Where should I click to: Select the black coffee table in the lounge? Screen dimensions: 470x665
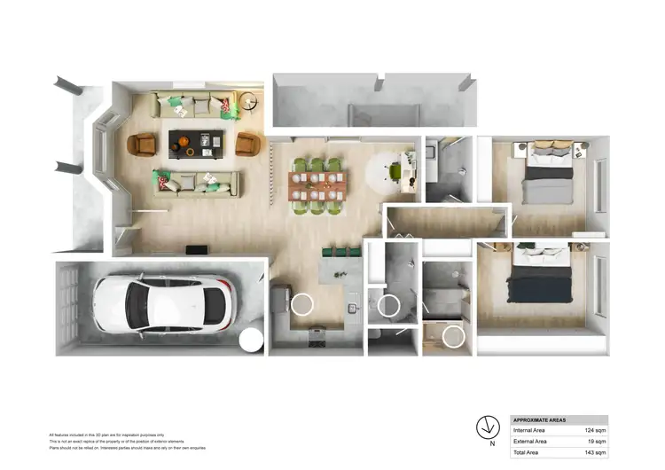coord(197,143)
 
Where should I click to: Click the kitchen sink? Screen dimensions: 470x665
coord(353,308)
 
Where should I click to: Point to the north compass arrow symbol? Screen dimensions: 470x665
coord(487,423)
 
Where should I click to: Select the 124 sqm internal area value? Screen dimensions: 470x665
coord(595,430)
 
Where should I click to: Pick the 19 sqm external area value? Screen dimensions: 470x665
coord(597,441)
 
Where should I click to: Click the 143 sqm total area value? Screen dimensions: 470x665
coord(595,452)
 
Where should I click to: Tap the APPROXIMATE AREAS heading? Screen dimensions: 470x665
coord(541,419)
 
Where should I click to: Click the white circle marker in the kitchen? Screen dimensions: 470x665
coord(301,304)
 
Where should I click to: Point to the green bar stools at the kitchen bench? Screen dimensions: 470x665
coord(341,252)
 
